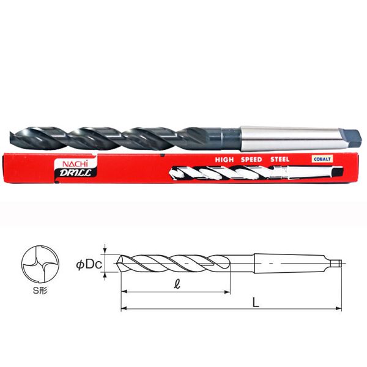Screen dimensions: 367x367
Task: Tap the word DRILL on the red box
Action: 73,174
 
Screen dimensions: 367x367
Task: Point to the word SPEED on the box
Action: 249,160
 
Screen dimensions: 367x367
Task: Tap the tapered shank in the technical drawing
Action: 287,264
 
